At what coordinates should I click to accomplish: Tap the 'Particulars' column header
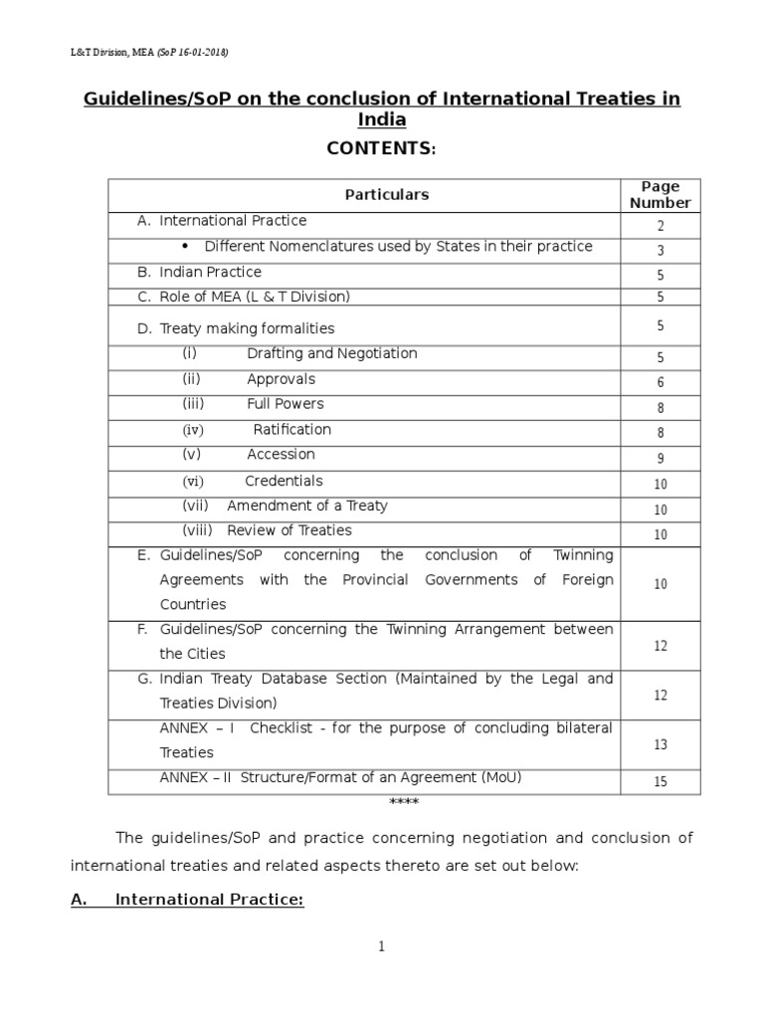pos(387,195)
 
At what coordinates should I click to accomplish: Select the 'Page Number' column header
pos(660,194)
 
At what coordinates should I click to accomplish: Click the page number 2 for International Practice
pos(661,226)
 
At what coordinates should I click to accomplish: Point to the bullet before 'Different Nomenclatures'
pos(187,246)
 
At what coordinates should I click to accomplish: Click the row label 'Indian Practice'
pos(210,272)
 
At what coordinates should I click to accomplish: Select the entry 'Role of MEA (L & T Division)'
pos(255,297)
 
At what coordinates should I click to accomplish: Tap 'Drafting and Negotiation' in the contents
pos(331,353)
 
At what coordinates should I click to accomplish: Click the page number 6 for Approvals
pos(661,383)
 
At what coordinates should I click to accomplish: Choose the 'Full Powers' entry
pos(286,404)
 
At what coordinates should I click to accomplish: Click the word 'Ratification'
pos(291,430)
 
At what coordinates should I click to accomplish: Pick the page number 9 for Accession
pos(661,459)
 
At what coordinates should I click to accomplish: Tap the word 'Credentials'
pos(284,481)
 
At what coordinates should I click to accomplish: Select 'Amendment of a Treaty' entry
pos(306,506)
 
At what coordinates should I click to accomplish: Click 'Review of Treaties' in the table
pos(288,530)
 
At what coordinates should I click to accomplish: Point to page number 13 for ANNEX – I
pos(661,744)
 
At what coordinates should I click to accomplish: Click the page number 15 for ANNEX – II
pos(661,782)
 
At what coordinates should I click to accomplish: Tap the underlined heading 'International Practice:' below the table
pos(209,900)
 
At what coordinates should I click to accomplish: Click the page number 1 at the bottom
pos(380,947)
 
